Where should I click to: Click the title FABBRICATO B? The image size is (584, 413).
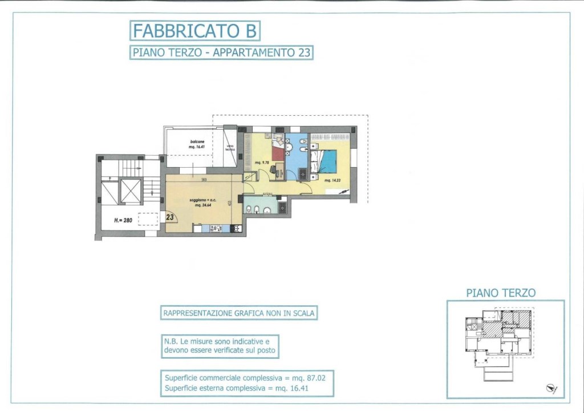pos(194,30)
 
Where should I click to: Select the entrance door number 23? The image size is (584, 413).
pos(170,217)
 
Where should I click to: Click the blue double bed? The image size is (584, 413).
pos(328,160)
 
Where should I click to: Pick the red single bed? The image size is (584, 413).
pos(278,153)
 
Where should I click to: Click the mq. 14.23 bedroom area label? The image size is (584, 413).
pos(332,180)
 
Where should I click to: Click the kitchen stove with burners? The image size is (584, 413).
pos(216,229)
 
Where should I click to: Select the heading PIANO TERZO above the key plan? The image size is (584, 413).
pos(501,293)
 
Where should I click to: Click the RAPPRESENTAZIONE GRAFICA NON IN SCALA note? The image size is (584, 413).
pos(239,313)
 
